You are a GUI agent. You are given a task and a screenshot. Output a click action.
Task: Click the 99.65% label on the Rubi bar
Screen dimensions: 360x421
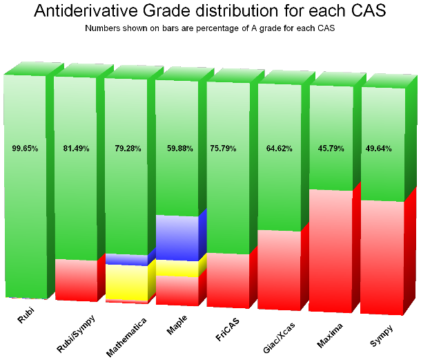(x=25, y=148)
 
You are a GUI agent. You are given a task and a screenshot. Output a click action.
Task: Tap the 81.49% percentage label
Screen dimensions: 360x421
(x=76, y=148)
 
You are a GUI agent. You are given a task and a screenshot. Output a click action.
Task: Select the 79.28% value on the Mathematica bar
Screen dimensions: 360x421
(x=127, y=148)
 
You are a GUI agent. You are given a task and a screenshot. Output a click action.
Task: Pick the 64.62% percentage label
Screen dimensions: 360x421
(x=279, y=148)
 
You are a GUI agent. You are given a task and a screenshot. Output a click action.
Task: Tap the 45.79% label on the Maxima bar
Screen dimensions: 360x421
(x=330, y=148)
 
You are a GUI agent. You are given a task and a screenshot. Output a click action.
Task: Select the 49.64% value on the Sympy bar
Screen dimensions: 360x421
(x=380, y=148)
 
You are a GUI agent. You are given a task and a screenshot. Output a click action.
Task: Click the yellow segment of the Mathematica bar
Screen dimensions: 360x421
(x=127, y=282)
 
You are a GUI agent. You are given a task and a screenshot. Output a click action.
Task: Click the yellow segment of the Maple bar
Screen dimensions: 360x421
(x=177, y=268)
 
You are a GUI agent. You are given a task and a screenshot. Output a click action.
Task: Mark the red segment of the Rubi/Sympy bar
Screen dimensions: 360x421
(x=76, y=280)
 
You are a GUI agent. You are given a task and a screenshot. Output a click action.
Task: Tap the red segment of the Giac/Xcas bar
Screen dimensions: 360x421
(x=279, y=269)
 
